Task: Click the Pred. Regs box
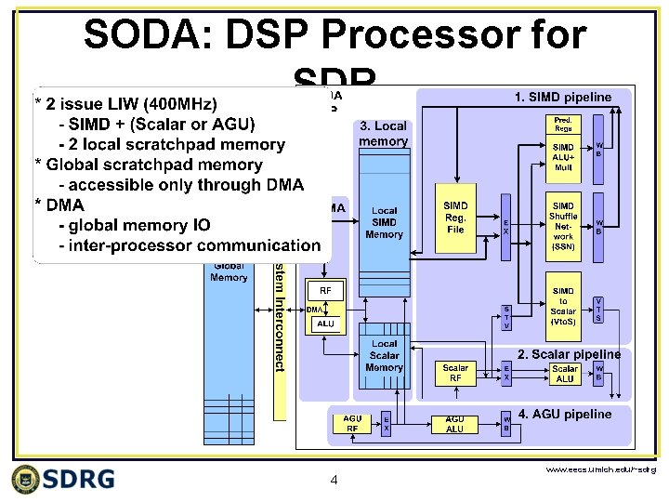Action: click(x=564, y=124)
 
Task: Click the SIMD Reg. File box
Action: click(x=456, y=217)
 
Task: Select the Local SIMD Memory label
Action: click(x=384, y=223)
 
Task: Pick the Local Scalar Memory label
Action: click(x=384, y=355)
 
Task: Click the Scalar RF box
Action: click(x=455, y=373)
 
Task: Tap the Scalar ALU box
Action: click(x=564, y=373)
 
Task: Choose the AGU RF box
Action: click(x=352, y=424)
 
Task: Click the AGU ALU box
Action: click(x=454, y=424)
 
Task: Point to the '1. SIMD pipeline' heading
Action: click(x=563, y=97)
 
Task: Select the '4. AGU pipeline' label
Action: click(x=565, y=414)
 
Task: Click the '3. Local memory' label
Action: click(x=383, y=134)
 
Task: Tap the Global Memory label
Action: click(x=229, y=271)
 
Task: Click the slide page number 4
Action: click(x=334, y=481)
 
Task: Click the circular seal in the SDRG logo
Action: click(x=29, y=479)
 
